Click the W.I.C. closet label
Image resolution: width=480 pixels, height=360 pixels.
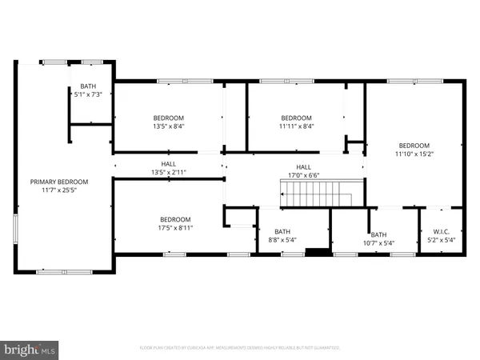[441, 232]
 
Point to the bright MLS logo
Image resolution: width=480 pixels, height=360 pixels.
[30, 349]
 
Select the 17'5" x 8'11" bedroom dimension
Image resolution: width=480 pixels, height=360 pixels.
[174, 228]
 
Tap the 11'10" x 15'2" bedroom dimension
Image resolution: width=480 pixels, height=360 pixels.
[414, 155]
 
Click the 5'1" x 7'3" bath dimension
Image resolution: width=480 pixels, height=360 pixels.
[87, 95]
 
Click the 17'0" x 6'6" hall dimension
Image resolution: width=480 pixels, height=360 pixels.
[304, 175]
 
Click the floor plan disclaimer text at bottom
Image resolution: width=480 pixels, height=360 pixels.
[239, 348]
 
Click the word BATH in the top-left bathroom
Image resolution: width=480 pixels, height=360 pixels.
[87, 86]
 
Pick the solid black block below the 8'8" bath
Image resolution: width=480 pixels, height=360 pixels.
[318, 254]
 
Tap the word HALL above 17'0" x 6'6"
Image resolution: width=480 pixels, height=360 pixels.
[304, 166]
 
